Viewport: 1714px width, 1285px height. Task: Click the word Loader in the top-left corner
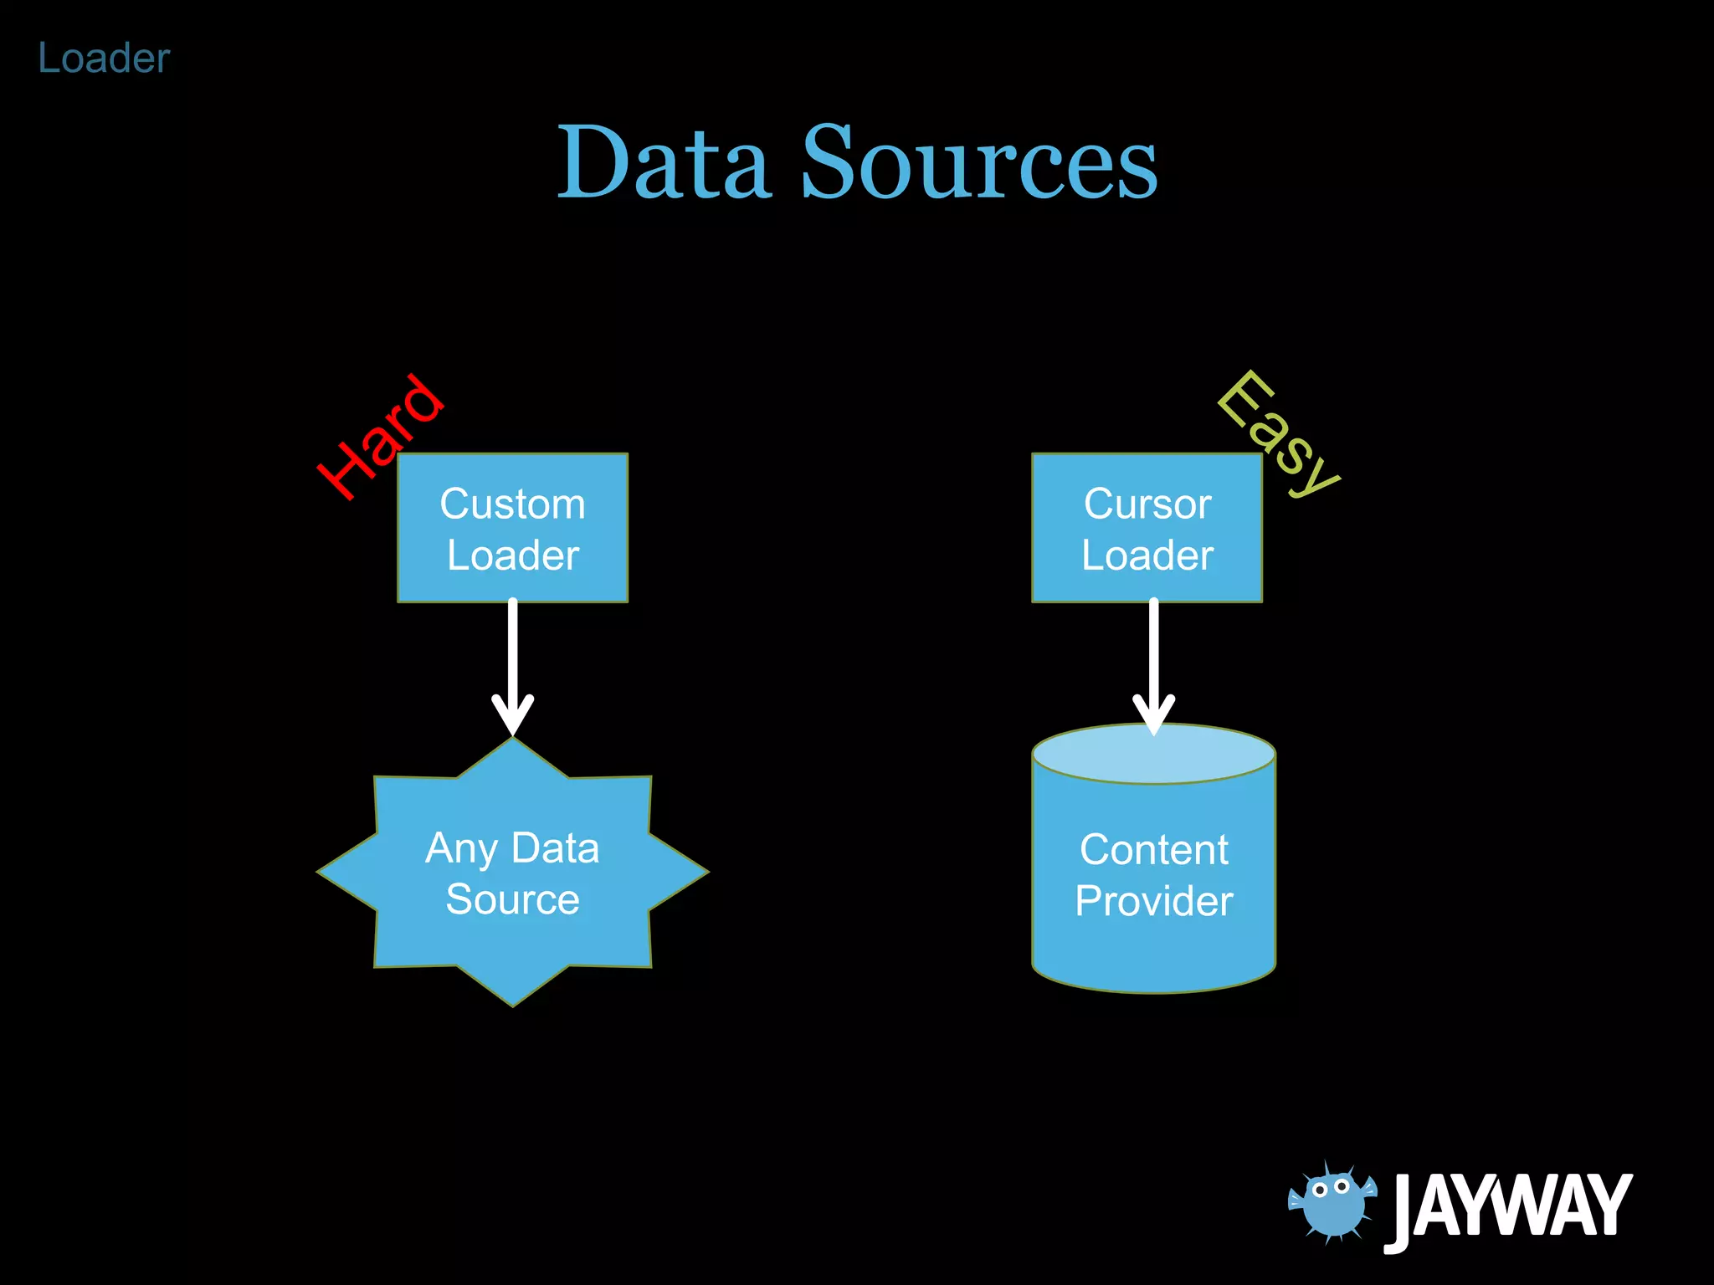pyautogui.click(x=104, y=59)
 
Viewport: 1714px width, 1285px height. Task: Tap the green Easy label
pyautogui.click(x=1278, y=433)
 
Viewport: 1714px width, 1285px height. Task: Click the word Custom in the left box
pyautogui.click(x=512, y=504)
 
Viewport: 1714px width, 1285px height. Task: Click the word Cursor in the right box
pyautogui.click(x=1147, y=504)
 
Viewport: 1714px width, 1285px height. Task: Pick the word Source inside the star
pyautogui.click(x=512, y=900)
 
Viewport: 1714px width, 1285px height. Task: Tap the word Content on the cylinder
pyautogui.click(x=1153, y=850)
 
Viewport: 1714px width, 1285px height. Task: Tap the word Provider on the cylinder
pyautogui.click(x=1153, y=902)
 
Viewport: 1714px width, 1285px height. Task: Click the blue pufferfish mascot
pyautogui.click(x=1332, y=1201)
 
